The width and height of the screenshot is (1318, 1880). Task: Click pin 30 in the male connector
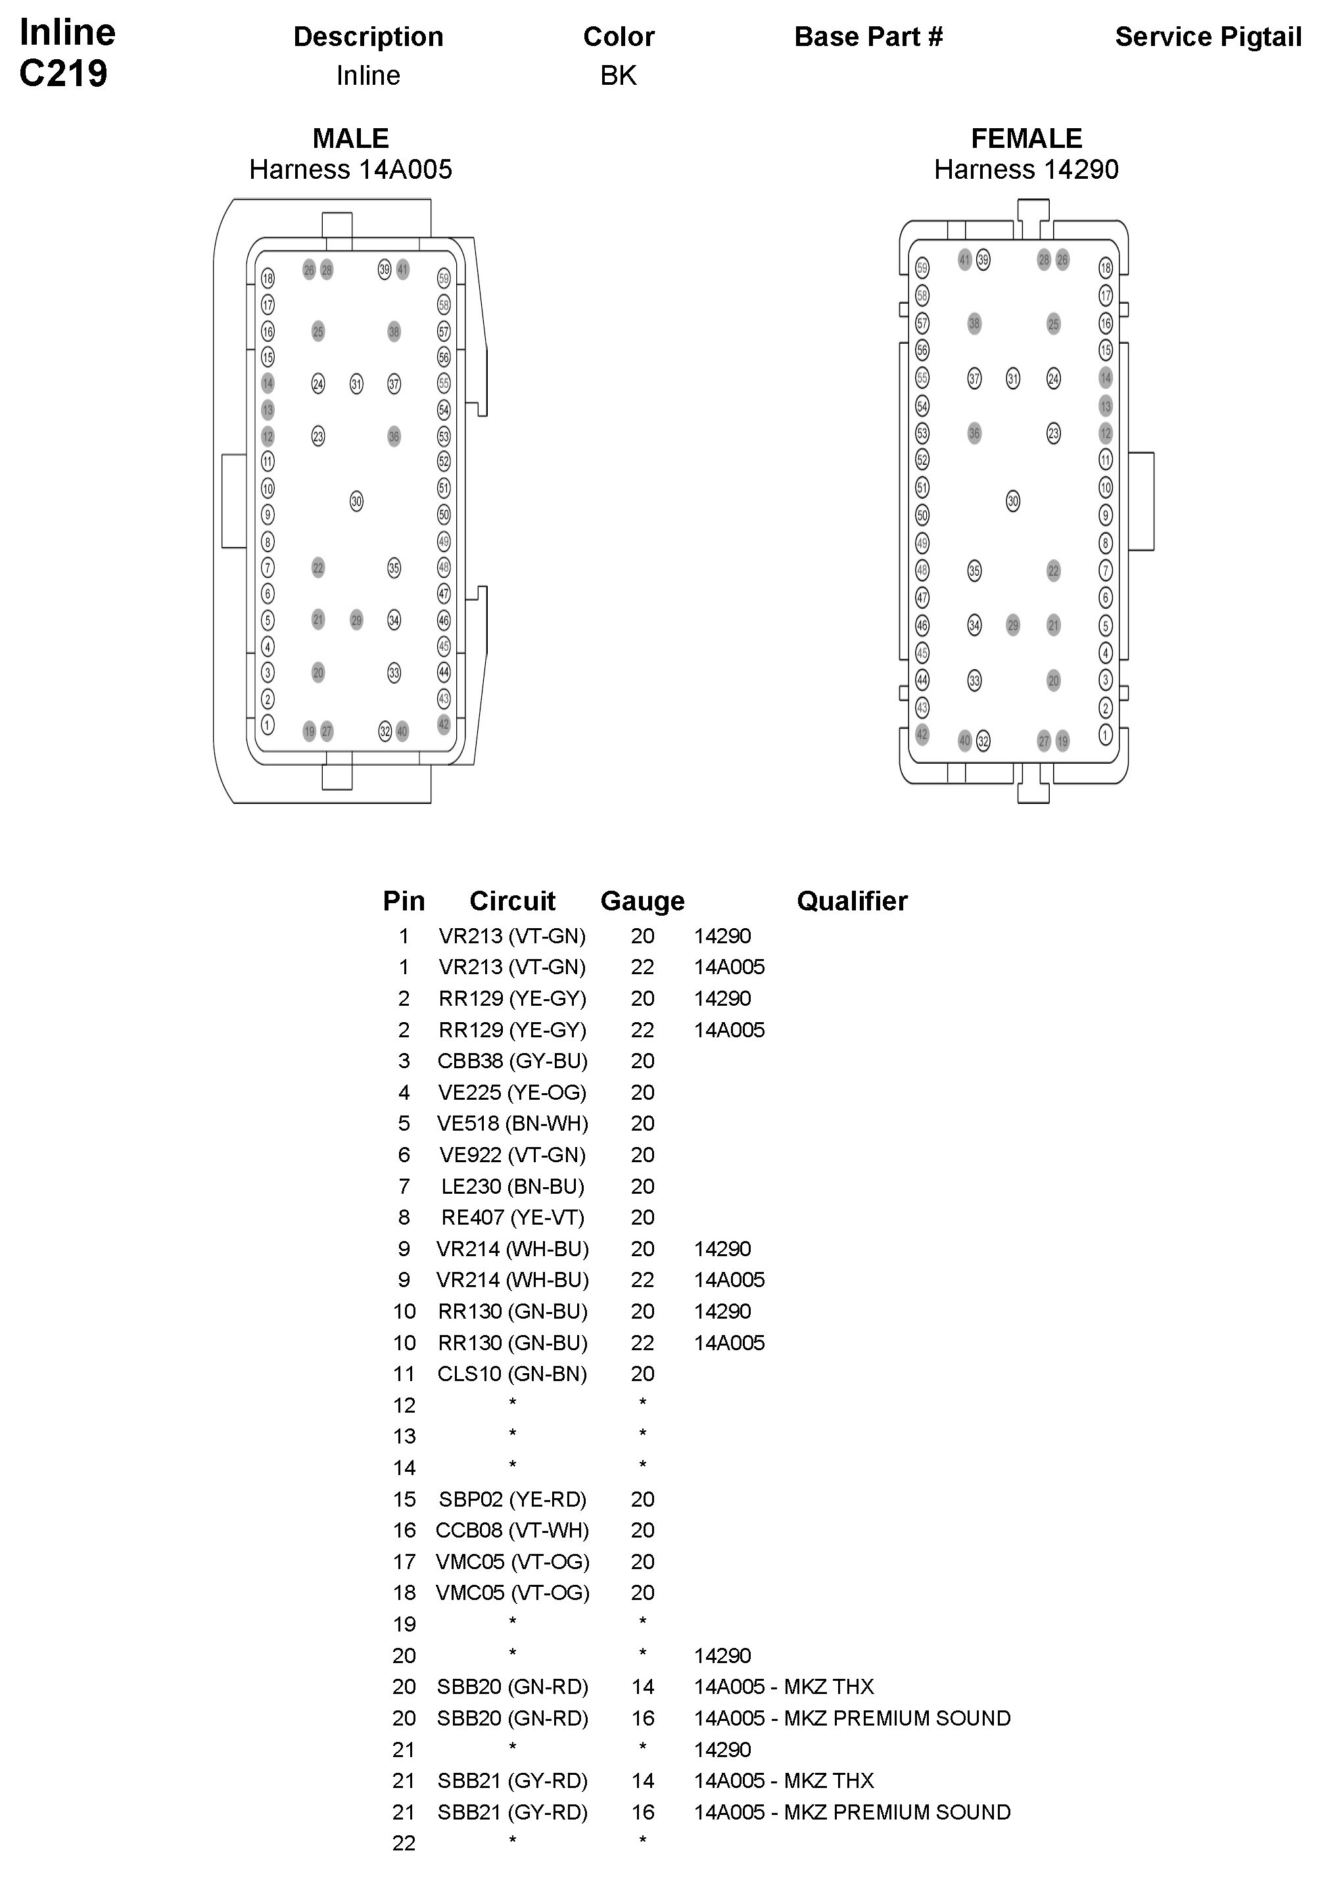pyautogui.click(x=356, y=501)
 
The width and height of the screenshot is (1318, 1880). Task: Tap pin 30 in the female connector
pyautogui.click(x=1012, y=501)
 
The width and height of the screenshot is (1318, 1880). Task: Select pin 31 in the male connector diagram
pyautogui.click(x=356, y=384)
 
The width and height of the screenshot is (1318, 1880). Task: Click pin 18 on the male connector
pyautogui.click(x=268, y=279)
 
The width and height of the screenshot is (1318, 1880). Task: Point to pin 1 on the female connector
pyautogui.click(x=1105, y=734)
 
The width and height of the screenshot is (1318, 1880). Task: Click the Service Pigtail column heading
pyautogui.click(x=1208, y=37)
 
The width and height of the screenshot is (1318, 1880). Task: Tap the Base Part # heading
pyautogui.click(x=868, y=37)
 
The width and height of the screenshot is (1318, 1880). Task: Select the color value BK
pyautogui.click(x=618, y=76)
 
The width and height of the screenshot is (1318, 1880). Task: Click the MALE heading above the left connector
pyautogui.click(x=350, y=139)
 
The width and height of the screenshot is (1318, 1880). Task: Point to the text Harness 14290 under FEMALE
pyautogui.click(x=1025, y=170)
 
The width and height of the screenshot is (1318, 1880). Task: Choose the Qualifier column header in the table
pyautogui.click(x=851, y=901)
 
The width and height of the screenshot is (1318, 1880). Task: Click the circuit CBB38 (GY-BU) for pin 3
pyautogui.click(x=513, y=1061)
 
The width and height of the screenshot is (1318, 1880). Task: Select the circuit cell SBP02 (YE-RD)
pyautogui.click(x=513, y=1499)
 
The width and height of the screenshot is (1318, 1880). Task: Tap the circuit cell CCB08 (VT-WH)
pyautogui.click(x=513, y=1530)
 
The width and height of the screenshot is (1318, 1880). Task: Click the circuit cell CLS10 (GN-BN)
pyautogui.click(x=513, y=1374)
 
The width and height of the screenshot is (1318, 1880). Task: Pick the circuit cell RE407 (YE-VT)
pyautogui.click(x=513, y=1217)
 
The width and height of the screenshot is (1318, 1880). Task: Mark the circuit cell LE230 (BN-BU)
pyautogui.click(x=513, y=1187)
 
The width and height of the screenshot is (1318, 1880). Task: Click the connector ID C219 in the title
pyautogui.click(x=63, y=74)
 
